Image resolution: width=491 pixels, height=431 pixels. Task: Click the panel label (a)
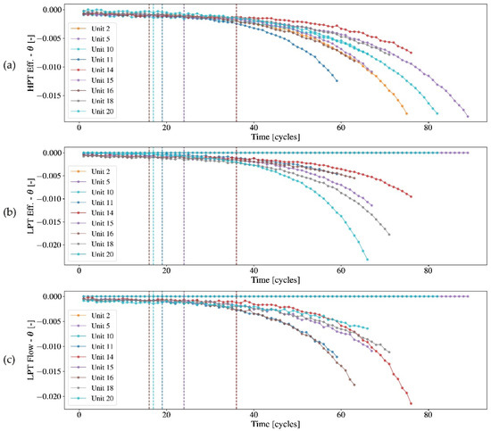click(x=10, y=66)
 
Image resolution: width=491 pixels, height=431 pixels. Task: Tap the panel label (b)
click(x=10, y=210)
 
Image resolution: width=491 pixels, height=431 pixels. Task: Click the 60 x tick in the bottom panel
click(x=342, y=417)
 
